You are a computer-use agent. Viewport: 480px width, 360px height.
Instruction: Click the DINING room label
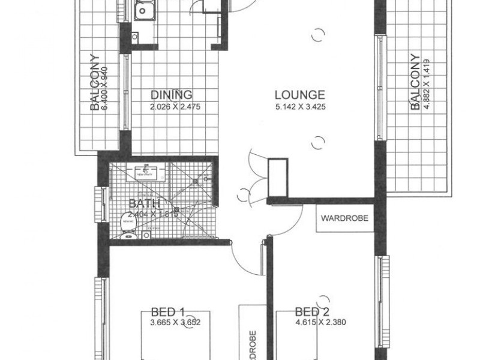(x=172, y=95)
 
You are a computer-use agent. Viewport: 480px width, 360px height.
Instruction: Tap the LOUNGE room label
(x=300, y=95)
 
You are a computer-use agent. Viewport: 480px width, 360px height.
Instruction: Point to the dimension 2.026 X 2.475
(x=172, y=107)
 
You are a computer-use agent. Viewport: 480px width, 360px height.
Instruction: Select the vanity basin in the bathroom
(x=146, y=170)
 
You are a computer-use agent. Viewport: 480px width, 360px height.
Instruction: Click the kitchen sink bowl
(x=145, y=11)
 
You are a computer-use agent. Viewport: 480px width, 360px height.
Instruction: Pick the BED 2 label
(x=313, y=312)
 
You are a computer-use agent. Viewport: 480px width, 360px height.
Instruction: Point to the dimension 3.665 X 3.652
(x=175, y=323)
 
